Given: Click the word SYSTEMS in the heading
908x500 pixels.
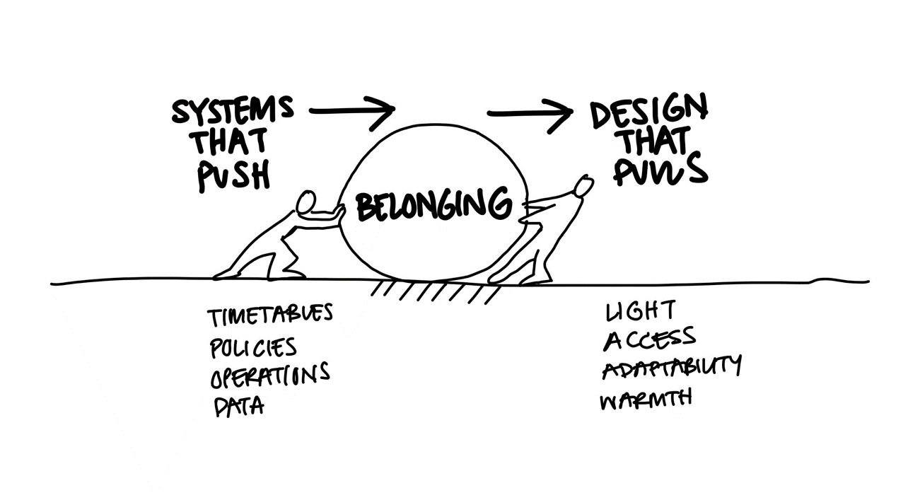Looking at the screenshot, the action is pos(232,110).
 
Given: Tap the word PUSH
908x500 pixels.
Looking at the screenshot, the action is pos(234,175).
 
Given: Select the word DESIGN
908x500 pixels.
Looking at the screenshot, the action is pos(648,110).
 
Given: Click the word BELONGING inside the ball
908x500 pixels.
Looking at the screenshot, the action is pos(433,205).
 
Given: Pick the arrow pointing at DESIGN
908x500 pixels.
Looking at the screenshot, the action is pos(530,114).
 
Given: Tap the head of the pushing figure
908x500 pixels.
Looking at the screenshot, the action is pos(306,202).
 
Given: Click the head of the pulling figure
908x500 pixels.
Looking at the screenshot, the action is pos(583,187).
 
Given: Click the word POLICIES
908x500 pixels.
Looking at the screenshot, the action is pos(253,347).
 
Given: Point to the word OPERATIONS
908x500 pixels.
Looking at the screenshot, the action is pos(270,375).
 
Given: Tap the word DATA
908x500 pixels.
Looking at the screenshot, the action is pos(239,407).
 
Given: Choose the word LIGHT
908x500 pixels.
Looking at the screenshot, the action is pos(641,310).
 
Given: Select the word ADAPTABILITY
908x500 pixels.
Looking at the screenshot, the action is pos(672,366).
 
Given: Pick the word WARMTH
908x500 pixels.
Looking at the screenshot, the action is pos(646,400).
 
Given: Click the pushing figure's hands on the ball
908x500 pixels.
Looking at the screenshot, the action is pos(339,211).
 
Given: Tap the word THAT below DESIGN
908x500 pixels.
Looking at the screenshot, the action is pos(653,140).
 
